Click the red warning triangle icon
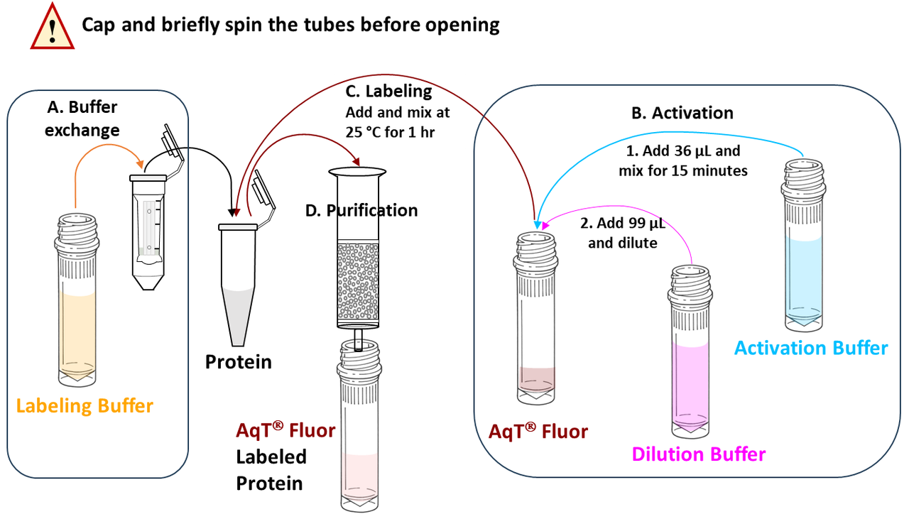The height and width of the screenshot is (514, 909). click(x=51, y=26)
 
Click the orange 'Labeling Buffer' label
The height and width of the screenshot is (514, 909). click(x=85, y=406)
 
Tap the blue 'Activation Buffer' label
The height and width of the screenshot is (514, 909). click(x=810, y=348)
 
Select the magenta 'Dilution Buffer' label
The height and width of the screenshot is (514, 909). click(x=699, y=454)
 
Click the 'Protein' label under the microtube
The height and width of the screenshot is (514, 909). click(x=239, y=362)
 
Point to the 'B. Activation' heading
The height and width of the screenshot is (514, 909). click(x=682, y=113)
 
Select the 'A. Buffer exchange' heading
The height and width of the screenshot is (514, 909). click(x=82, y=119)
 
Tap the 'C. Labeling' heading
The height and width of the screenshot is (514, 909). click(x=388, y=91)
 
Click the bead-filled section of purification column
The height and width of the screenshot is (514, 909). click(x=358, y=284)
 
